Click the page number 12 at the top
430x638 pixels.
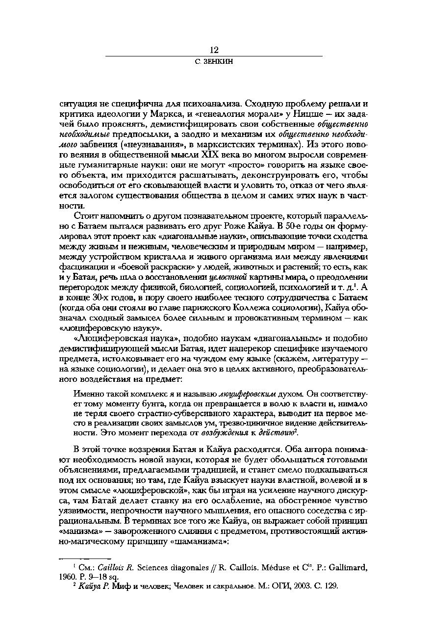point(214,50)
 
